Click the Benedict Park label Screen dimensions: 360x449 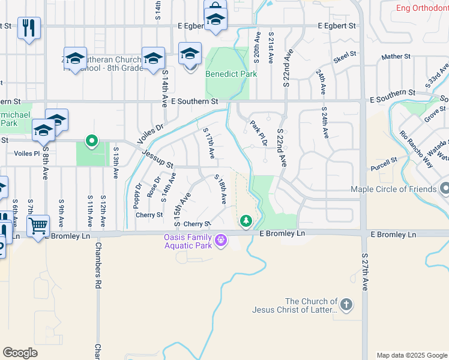pos(231,74)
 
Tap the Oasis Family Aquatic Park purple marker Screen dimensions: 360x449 pos(221,240)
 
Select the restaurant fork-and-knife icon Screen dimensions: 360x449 pos(29,28)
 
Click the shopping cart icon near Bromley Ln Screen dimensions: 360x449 pos(38,226)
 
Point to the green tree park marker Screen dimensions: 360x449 pos(246,221)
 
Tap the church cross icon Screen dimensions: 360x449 pos(346,305)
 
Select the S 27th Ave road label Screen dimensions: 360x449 pos(365,272)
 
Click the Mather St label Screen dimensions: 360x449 pos(396,57)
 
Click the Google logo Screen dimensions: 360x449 pos(20,352)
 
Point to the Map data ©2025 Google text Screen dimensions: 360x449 pos(412,355)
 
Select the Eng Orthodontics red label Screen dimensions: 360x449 pos(422,8)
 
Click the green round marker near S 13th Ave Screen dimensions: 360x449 pos(91,141)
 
